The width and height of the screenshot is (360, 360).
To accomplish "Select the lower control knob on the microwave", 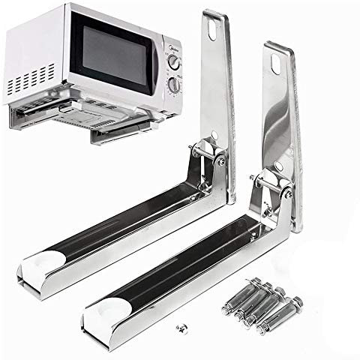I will (x=174, y=85).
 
